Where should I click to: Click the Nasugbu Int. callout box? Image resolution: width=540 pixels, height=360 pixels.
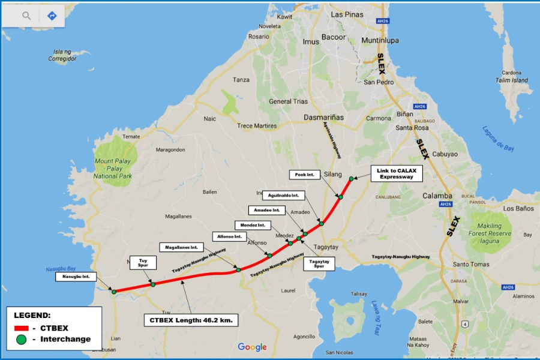coord(76,277)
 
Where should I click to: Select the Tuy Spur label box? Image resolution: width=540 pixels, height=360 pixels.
coord(143,263)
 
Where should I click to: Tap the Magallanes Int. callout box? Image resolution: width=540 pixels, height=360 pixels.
coord(182,247)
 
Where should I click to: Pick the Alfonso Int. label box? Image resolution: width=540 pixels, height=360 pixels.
coord(229,236)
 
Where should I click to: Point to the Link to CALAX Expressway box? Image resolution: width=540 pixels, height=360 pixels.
coord(397,173)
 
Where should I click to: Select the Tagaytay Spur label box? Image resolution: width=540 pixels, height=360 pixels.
coord(319,263)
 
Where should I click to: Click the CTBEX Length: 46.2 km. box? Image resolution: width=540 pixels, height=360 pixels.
coord(191,320)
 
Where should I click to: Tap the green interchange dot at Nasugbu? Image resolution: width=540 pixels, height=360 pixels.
coord(113,292)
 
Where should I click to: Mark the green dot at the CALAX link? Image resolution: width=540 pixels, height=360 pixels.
coord(351,178)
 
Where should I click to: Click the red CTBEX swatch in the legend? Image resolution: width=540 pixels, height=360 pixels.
coord(22,328)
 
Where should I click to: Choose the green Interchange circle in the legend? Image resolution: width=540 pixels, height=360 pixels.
coord(22,339)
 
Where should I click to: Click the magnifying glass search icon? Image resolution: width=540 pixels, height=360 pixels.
coord(26,16)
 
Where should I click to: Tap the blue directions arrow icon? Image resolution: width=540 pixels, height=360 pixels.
coord(52,16)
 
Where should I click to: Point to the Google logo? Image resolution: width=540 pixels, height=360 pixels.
coord(252,347)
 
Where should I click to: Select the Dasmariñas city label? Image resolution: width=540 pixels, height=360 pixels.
coord(324,118)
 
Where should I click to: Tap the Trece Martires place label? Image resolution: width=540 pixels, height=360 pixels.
coord(257,126)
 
